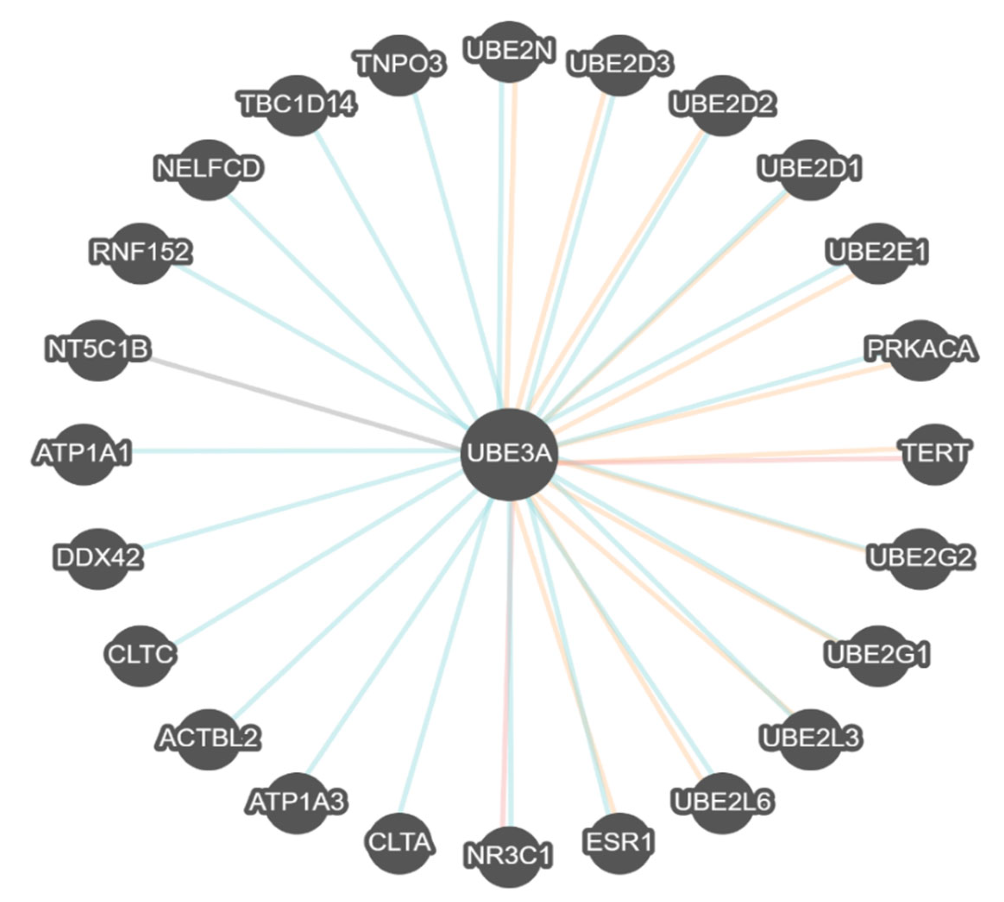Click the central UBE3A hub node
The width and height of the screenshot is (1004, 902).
(x=509, y=454)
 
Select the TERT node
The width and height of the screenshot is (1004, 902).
(x=935, y=454)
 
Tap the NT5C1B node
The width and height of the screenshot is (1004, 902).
(x=98, y=350)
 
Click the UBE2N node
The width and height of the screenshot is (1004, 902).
(x=509, y=51)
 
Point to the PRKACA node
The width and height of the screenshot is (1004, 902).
(x=921, y=350)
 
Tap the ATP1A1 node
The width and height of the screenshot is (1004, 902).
(x=83, y=454)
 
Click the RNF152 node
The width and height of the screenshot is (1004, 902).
(x=141, y=253)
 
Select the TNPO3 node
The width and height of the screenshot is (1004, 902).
(x=400, y=65)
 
